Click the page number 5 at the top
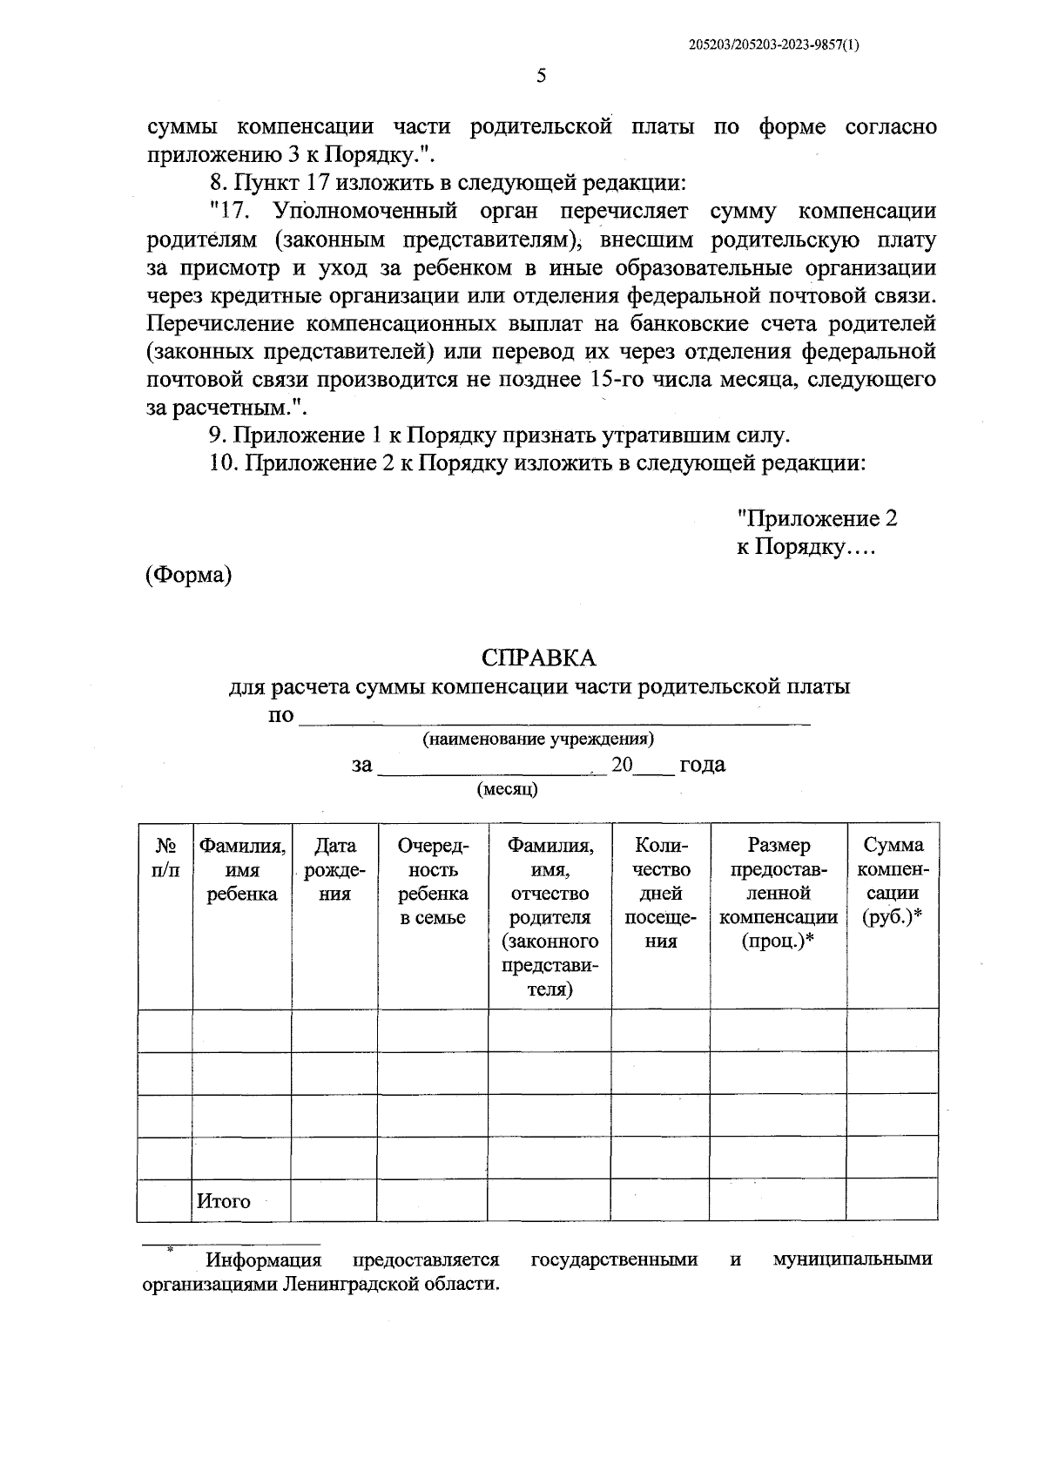click(x=541, y=76)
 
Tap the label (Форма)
click(x=188, y=575)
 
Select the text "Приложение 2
click(x=817, y=519)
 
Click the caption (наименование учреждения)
click(x=538, y=739)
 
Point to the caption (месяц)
click(x=508, y=790)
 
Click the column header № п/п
click(x=165, y=857)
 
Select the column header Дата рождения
click(x=334, y=869)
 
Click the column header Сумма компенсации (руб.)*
click(x=893, y=881)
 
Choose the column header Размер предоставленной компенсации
click(x=779, y=893)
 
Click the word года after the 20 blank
click(x=702, y=765)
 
